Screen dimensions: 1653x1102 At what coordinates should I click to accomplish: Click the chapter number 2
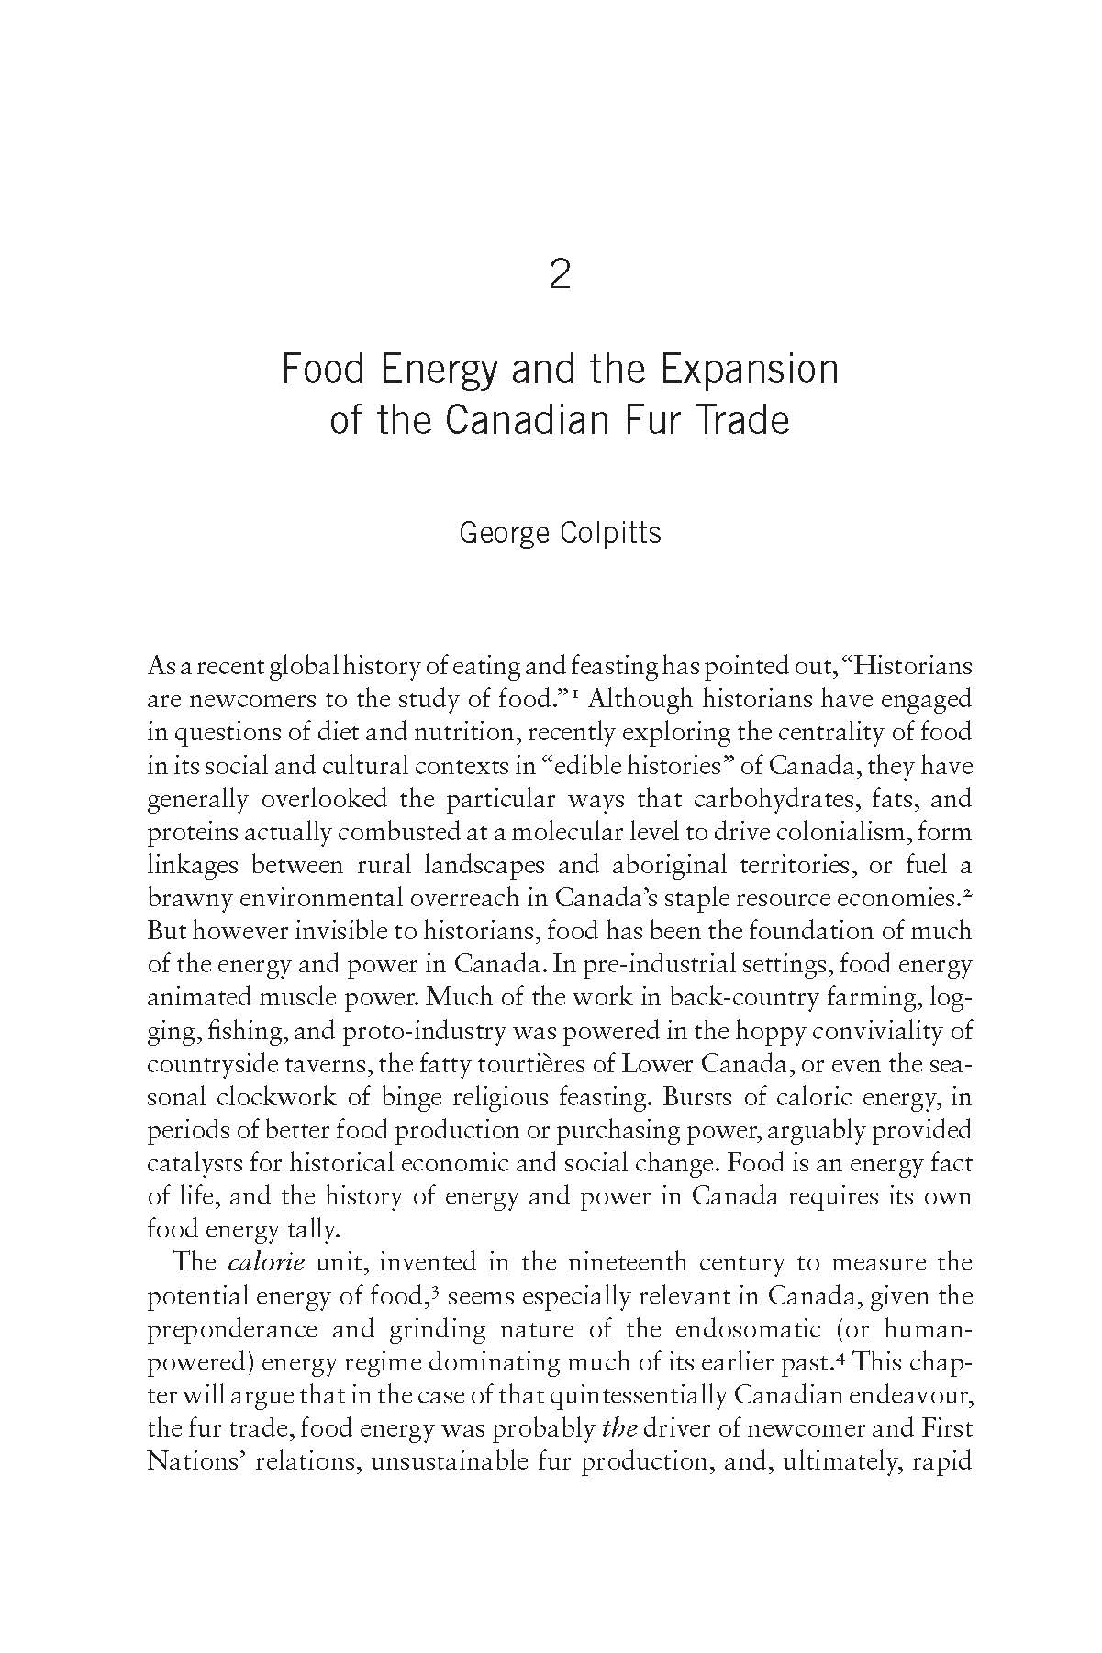(559, 274)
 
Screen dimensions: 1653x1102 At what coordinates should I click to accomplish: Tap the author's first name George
(501, 533)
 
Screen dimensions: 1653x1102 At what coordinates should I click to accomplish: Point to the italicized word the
(619, 1428)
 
